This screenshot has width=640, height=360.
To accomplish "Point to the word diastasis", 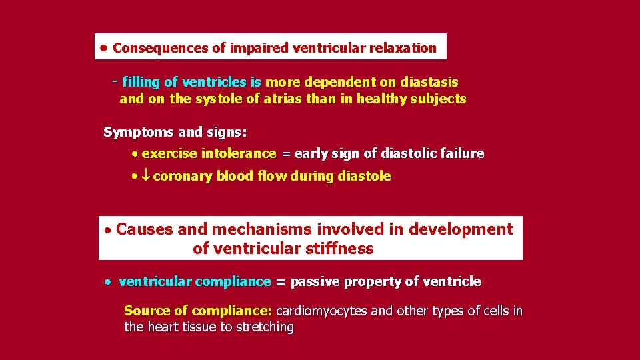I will (429, 82).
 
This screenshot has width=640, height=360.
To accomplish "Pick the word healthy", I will (383, 99).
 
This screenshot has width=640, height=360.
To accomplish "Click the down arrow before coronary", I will (147, 177).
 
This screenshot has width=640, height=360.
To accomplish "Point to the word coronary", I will (183, 177).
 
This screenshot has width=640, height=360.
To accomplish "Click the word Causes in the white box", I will (145, 229).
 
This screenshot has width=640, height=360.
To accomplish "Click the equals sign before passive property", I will (281, 282).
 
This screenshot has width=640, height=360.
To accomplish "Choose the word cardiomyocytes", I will (321, 311).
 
